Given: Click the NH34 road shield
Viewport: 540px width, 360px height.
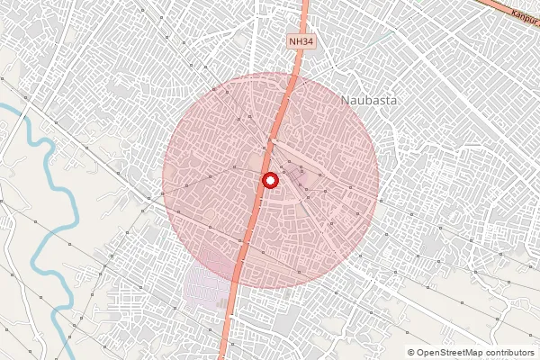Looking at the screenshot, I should (x=301, y=41).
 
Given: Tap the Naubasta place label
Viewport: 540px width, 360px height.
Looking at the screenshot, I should (x=370, y=101).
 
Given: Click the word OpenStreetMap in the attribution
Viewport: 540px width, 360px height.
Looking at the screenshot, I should (x=449, y=353).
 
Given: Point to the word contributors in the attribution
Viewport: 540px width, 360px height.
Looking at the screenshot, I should (x=508, y=353).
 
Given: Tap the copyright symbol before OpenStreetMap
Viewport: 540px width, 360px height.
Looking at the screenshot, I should (x=411, y=353).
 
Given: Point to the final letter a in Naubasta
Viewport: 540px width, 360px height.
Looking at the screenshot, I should (x=394, y=101).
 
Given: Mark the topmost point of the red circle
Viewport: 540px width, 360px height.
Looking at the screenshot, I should (x=270, y=73).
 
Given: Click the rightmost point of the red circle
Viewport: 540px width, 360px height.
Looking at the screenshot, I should (x=378, y=181).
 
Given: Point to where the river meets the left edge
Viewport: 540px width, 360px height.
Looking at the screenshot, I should (x=2, y=105).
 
